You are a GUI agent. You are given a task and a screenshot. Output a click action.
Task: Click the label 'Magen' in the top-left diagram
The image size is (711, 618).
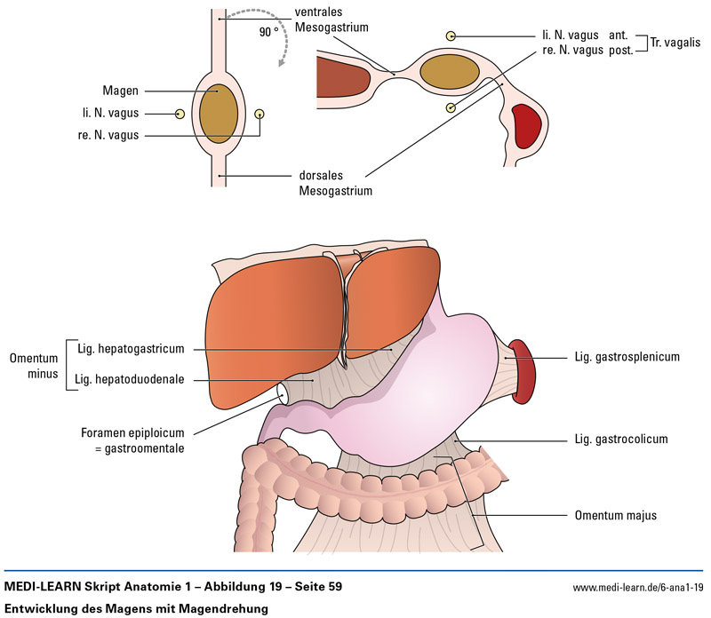[x=121, y=91]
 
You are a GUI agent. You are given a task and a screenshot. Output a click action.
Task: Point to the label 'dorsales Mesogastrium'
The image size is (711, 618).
[x=335, y=183]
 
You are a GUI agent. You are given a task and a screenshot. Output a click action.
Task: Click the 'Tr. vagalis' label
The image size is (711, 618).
[x=675, y=41]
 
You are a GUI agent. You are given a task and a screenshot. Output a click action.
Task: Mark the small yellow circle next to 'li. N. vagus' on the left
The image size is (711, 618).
[x=180, y=114]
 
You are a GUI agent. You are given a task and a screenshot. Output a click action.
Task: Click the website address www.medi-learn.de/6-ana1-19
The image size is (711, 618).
[x=637, y=587]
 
